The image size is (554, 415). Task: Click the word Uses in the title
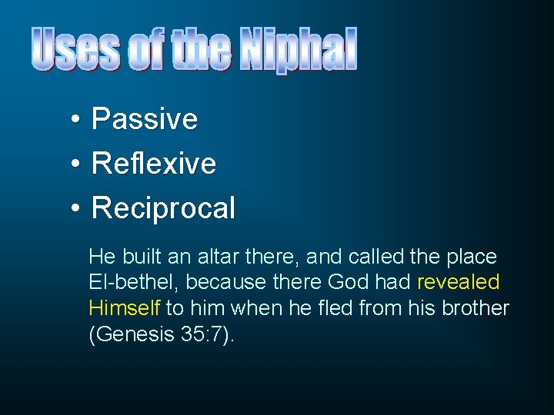click(x=77, y=49)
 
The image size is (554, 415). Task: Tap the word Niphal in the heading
click(x=299, y=49)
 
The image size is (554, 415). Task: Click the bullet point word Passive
click(x=144, y=119)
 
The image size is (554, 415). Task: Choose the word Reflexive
click(x=153, y=164)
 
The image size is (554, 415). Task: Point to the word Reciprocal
click(x=163, y=208)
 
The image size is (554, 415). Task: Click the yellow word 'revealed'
click(x=458, y=282)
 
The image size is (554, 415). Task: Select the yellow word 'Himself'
click(x=124, y=308)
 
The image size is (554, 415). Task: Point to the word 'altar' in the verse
click(x=220, y=256)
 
